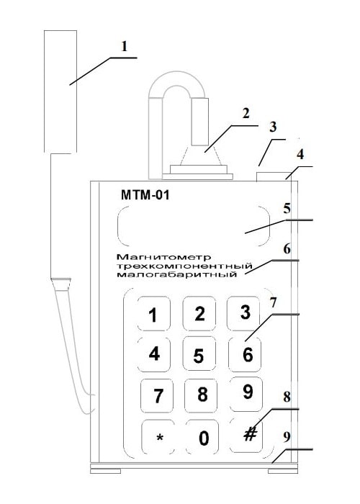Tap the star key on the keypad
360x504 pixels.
click(158, 437)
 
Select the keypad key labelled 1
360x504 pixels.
click(154, 314)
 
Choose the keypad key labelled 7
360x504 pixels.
click(157, 396)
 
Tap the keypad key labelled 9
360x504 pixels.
click(247, 394)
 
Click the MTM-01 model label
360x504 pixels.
click(145, 195)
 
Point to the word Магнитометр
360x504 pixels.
click(164, 257)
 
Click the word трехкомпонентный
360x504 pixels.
click(184, 266)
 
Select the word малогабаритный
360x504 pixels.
click(177, 275)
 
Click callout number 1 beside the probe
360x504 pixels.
click(124, 47)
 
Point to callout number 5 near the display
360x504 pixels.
click(287, 209)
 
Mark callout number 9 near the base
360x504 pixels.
click(287, 437)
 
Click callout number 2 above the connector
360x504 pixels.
click(246, 113)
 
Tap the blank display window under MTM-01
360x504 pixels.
click(194, 226)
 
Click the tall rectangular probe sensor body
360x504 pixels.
click(60, 91)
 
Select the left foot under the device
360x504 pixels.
click(106, 471)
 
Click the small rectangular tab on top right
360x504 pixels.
click(271, 176)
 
